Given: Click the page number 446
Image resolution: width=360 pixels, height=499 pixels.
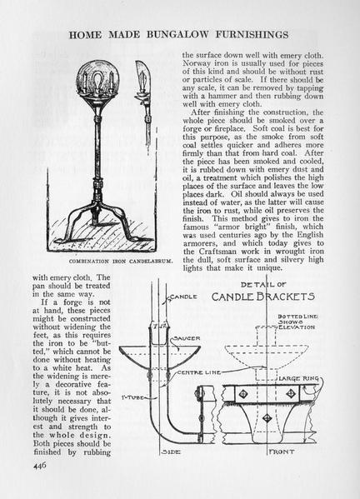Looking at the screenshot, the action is click(x=40, y=465).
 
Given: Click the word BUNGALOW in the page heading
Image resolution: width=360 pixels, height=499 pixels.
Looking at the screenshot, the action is click(x=177, y=34).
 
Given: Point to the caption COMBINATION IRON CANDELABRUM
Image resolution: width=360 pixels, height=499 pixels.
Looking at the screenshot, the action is click(x=121, y=262).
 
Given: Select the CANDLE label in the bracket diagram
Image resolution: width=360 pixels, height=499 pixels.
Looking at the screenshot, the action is click(x=183, y=297).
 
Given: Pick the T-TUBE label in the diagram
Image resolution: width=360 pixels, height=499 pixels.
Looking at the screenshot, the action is click(x=132, y=398).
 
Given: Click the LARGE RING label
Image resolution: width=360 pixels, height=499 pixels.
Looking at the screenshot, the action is click(x=298, y=378).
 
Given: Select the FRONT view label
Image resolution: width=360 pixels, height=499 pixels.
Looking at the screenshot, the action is click(x=282, y=452).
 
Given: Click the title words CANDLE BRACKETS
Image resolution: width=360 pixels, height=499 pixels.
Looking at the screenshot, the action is click(x=263, y=297).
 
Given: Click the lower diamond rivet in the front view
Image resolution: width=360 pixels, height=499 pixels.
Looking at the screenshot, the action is click(x=267, y=417).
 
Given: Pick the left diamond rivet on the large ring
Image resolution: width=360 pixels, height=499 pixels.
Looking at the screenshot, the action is click(x=243, y=394).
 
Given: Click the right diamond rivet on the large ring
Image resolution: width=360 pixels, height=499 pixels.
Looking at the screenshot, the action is click(x=291, y=394).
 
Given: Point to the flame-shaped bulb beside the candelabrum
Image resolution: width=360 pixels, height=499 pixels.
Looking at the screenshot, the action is click(x=141, y=77).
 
